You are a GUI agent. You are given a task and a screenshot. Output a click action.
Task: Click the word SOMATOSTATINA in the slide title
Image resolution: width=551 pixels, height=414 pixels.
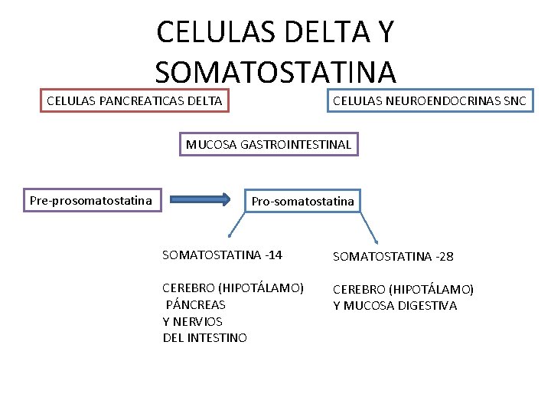[275, 72]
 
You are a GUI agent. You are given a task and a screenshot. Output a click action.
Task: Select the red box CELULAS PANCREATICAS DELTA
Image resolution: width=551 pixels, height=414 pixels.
[135, 100]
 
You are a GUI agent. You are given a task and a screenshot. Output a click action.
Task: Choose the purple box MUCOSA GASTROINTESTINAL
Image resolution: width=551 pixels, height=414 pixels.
[269, 144]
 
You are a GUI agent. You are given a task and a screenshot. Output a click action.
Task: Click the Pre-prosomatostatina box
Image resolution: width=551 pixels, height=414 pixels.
[90, 201]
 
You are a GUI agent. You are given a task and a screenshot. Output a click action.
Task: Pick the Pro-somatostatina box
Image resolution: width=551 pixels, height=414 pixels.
[303, 201]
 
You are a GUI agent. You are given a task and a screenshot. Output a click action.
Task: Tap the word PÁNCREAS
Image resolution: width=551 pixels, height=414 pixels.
[196, 304]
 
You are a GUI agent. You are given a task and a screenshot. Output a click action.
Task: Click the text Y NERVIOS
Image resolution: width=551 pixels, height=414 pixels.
[193, 321]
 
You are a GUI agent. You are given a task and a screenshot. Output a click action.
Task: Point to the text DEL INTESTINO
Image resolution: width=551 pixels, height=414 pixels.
[205, 338]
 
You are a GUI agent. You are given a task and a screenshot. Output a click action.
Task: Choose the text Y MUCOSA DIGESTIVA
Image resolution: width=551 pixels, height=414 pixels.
[395, 306]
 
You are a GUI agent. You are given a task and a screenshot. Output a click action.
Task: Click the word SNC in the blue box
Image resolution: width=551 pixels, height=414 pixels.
[514, 100]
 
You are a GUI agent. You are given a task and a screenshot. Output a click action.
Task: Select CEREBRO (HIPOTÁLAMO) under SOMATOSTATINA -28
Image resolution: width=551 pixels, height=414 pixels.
[403, 289]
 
